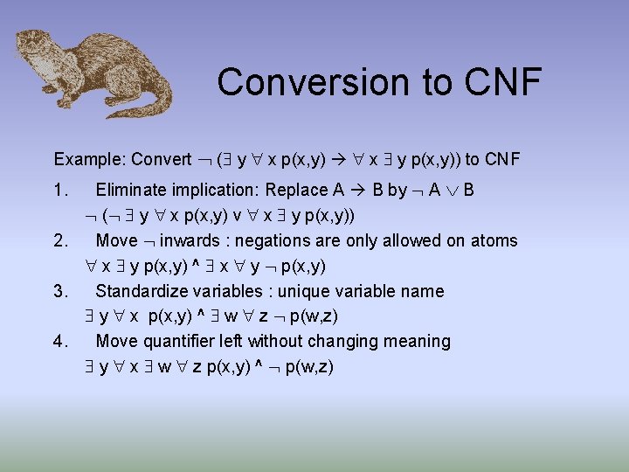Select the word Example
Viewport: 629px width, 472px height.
click(88, 159)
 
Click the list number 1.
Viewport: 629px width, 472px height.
click(60, 190)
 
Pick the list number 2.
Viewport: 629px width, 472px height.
click(60, 240)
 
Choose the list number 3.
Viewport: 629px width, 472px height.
click(60, 291)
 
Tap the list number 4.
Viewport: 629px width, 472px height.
click(60, 341)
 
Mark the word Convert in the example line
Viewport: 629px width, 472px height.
click(161, 159)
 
